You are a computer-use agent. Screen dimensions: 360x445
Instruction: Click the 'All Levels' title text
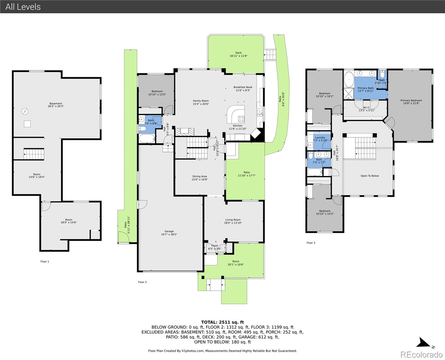(x=23, y=7)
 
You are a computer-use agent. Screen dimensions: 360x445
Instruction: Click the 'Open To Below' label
(x=369, y=176)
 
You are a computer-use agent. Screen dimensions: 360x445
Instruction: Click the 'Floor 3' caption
(x=311, y=243)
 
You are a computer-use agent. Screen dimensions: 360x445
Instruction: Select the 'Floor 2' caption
(x=142, y=282)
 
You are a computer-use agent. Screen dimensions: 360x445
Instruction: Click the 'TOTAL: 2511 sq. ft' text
(x=222, y=322)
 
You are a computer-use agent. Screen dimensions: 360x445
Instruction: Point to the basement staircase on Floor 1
(x=34, y=154)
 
